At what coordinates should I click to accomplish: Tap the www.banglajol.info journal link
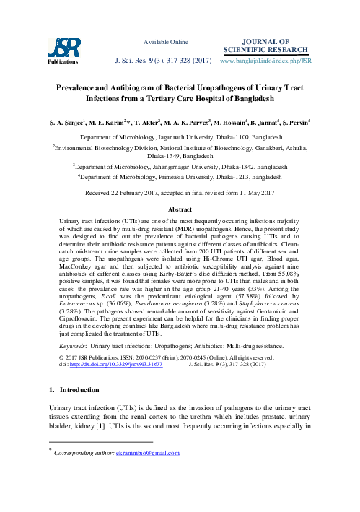(x=273, y=52)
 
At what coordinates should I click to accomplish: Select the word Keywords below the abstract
(x=70, y=327)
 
